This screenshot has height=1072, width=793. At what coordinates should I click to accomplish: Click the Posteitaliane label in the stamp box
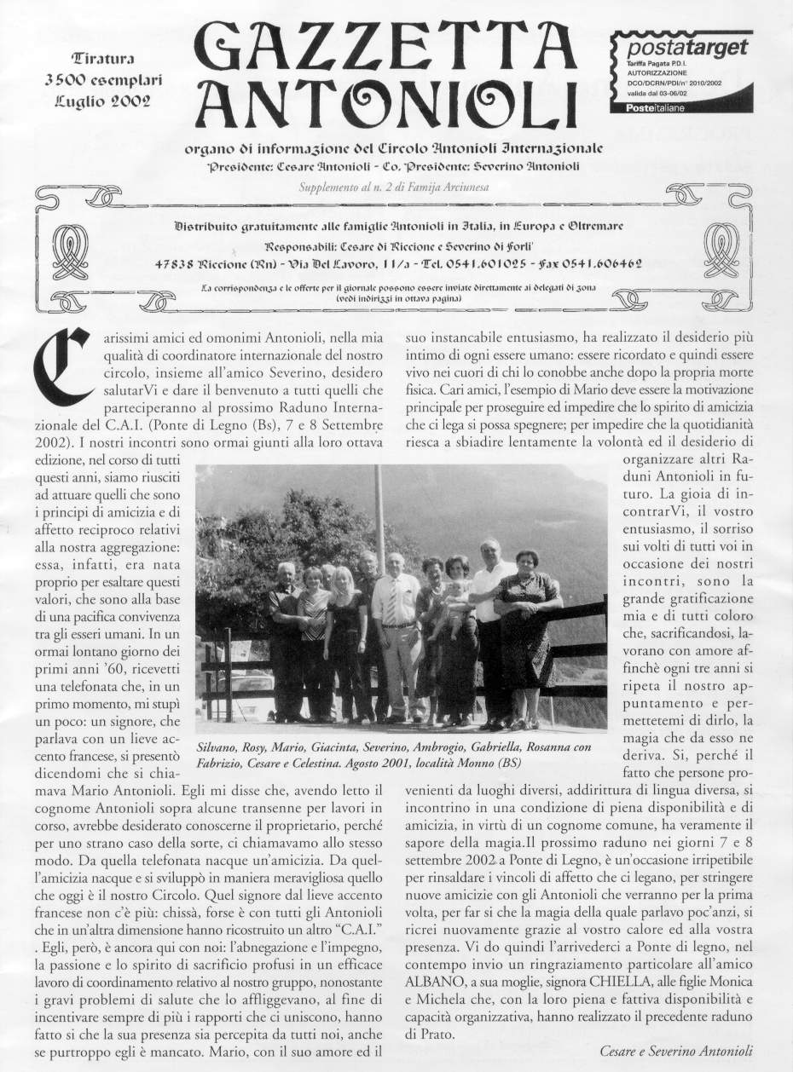[656, 107]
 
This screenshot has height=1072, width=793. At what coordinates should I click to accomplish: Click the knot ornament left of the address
[71, 254]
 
